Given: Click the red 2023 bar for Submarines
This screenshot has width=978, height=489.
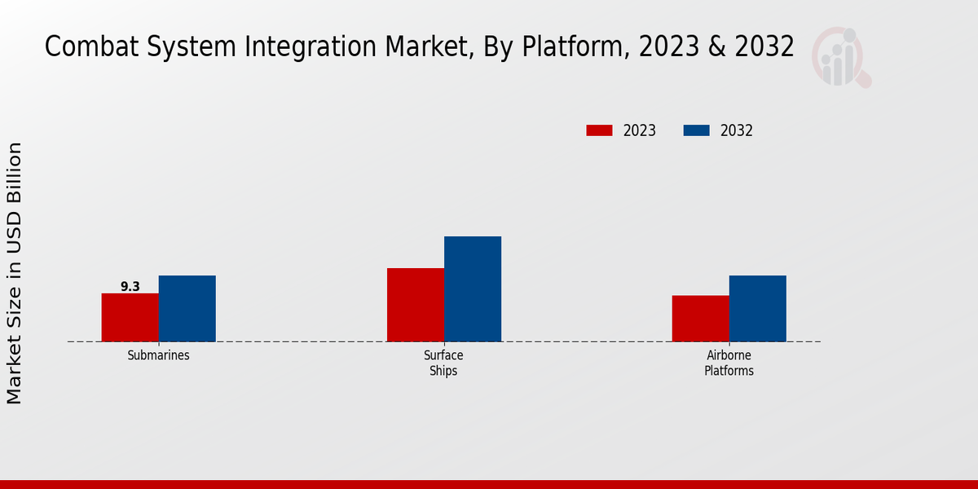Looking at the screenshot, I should coord(130,317).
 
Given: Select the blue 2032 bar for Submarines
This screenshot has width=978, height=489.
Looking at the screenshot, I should coord(187,308).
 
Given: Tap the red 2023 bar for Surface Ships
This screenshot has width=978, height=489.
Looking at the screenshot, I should coord(415,304).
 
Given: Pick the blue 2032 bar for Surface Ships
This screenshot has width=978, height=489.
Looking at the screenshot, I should coord(472,289).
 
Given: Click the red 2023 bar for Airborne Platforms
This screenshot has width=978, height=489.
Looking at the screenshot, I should coord(700,318).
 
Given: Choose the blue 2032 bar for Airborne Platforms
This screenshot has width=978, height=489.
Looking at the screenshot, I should coord(757,308).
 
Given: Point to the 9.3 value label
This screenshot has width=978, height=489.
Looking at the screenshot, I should coord(130,286).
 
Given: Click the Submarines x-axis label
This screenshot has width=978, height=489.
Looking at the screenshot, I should coord(158,356).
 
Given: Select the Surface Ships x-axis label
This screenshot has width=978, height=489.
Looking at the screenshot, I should coord(443,363).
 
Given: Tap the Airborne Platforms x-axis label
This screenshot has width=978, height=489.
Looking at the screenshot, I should coord(729,363).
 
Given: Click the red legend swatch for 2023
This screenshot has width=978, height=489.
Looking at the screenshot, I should coord(599,130).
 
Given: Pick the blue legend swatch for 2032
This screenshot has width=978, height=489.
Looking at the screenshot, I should coord(696,130).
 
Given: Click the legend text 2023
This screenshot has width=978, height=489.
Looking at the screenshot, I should coord(640,130).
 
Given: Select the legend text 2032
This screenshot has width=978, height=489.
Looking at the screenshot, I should coord(737,130).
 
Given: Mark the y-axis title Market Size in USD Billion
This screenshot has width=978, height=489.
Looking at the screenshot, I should coord(15,273).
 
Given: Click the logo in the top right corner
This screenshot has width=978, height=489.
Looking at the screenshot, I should coord(840,55).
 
